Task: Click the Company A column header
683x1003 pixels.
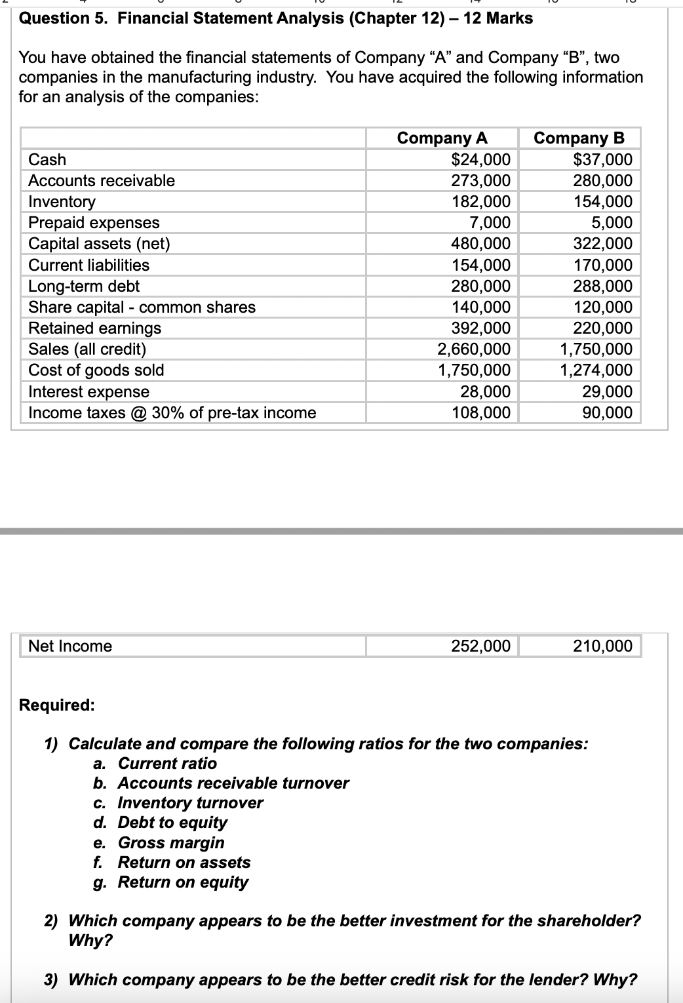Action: pyautogui.click(x=442, y=138)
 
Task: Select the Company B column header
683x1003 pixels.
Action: pyautogui.click(x=579, y=138)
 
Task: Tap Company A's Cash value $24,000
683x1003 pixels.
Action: pyautogui.click(x=481, y=159)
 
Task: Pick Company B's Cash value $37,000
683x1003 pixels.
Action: pyautogui.click(x=602, y=159)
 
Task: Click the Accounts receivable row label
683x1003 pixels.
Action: pyautogui.click(x=102, y=180)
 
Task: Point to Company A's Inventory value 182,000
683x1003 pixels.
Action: pyautogui.click(x=481, y=201)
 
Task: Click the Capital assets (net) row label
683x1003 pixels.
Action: pyautogui.click(x=99, y=244)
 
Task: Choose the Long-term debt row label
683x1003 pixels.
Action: pyautogui.click(x=84, y=286)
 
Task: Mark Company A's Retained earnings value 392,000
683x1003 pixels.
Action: pyautogui.click(x=481, y=328)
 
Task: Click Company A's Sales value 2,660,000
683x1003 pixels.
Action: pyautogui.click(x=474, y=349)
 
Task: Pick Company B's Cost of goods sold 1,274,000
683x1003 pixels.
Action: pyautogui.click(x=596, y=370)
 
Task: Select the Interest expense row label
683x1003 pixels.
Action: pyautogui.click(x=88, y=391)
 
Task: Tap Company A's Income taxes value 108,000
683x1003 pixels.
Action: pyautogui.click(x=481, y=412)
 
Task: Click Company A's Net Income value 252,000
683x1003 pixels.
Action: pyautogui.click(x=481, y=646)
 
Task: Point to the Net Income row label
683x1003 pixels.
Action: pyautogui.click(x=70, y=646)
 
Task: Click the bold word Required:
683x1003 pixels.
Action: pyautogui.click(x=57, y=705)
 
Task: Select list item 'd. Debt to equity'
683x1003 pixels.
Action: pyautogui.click(x=161, y=822)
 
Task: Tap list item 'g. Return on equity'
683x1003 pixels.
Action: pyautogui.click(x=171, y=882)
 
